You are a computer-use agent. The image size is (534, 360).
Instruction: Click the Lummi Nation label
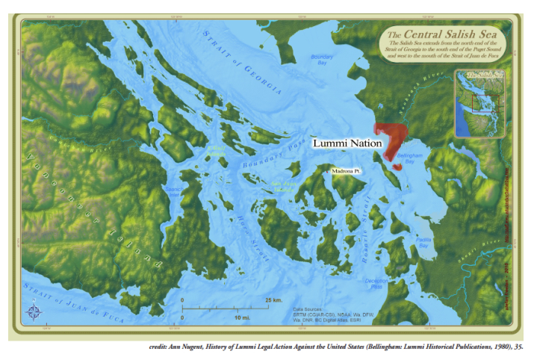click(x=347, y=143)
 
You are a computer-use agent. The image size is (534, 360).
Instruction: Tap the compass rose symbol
click(x=34, y=311)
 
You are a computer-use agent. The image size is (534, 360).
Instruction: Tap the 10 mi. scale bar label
click(x=242, y=318)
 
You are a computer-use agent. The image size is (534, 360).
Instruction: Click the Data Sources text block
click(x=326, y=314)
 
